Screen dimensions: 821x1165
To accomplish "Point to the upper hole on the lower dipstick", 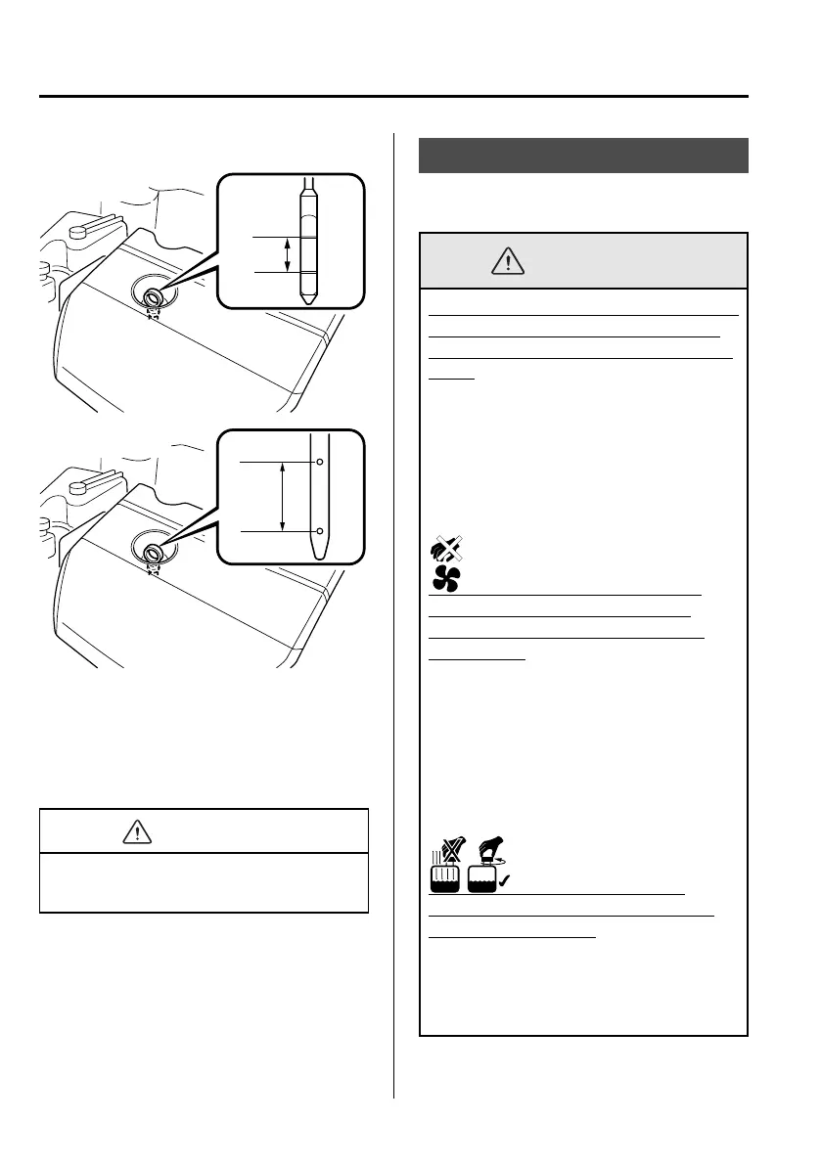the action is point(318,462).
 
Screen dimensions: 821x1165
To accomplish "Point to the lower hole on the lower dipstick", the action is point(318,531).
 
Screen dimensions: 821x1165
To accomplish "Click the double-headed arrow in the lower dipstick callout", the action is point(283,497).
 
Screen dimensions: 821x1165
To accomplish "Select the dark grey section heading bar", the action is point(583,156).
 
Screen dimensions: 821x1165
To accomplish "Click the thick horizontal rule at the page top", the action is point(393,97).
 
